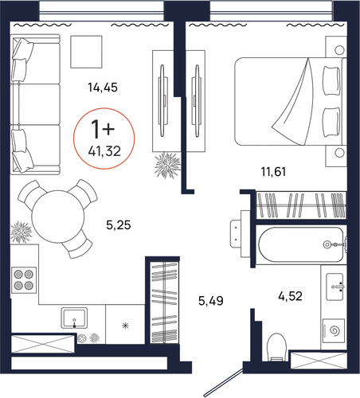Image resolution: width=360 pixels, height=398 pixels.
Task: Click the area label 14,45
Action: pyautogui.click(x=103, y=88)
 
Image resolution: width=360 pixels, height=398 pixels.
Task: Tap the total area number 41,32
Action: pyautogui.click(x=104, y=151)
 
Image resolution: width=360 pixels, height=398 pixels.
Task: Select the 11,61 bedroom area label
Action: pyautogui.click(x=273, y=172)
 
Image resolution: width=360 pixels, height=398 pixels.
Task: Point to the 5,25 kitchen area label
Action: pyautogui.click(x=119, y=225)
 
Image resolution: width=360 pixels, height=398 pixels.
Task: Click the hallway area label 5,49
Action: pyautogui.click(x=211, y=301)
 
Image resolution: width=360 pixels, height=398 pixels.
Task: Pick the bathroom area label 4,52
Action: pyautogui.click(x=290, y=296)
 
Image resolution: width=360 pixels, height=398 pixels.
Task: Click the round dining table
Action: pyautogui.click(x=58, y=217)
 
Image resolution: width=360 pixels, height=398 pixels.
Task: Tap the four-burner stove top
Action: pyautogui.click(x=24, y=280)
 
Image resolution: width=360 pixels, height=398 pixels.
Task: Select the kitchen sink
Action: pyautogui.click(x=74, y=318)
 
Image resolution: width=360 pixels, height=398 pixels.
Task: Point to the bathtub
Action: pyautogui.click(x=301, y=244)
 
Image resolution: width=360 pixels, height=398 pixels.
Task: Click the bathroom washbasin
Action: pyautogui.click(x=335, y=287)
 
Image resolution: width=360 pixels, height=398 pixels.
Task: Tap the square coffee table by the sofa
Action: pyautogui.click(x=86, y=52)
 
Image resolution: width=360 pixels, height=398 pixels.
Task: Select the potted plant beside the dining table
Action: pyautogui.click(x=21, y=232)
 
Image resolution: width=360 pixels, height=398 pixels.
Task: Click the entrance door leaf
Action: pyautogui.click(x=224, y=382)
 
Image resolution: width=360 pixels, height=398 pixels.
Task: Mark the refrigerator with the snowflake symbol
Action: pyautogui.click(x=125, y=324)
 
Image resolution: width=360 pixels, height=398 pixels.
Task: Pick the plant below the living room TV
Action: pyautogui.click(x=167, y=165)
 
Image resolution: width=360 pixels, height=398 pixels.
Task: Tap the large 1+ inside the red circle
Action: pyautogui.click(x=103, y=129)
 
